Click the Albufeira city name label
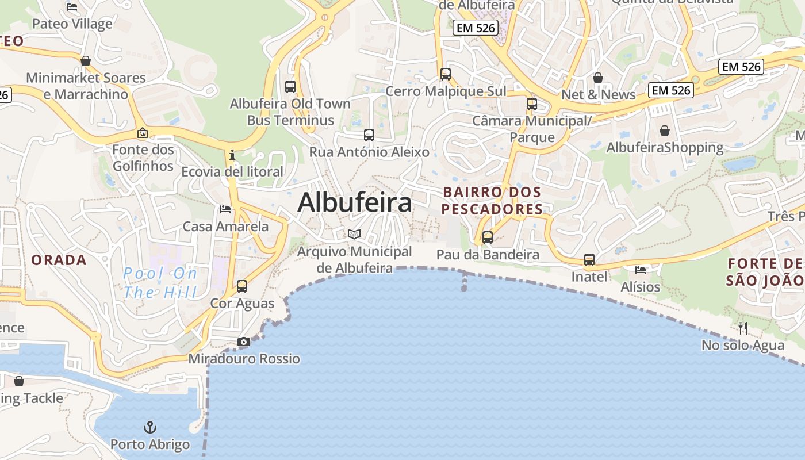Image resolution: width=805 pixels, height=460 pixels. click(355, 202)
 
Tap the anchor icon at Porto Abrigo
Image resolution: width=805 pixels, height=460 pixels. click(149, 427)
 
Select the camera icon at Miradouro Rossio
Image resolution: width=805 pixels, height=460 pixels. click(244, 342)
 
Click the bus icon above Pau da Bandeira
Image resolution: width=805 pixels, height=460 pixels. click(488, 237)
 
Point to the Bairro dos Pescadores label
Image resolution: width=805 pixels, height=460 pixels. click(492, 200)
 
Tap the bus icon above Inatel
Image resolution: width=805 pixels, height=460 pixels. click(589, 260)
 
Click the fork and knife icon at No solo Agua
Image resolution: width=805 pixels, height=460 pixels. click(743, 328)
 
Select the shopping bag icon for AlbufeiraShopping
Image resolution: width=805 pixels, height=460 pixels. click(665, 131)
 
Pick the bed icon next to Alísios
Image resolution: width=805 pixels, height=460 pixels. click(641, 270)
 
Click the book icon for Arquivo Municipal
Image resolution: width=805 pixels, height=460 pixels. click(355, 234)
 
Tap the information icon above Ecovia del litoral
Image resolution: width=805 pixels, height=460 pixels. click(232, 155)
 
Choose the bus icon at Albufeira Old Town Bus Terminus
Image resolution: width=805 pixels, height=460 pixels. click(290, 87)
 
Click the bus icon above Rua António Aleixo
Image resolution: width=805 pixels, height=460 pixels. click(369, 135)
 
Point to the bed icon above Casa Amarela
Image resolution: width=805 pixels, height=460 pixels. click(225, 209)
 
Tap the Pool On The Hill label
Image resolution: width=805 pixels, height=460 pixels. click(160, 282)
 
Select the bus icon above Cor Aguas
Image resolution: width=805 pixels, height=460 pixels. click(242, 286)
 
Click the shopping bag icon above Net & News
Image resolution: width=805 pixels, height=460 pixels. click(598, 78)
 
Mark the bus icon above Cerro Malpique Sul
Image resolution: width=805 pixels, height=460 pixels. click(446, 74)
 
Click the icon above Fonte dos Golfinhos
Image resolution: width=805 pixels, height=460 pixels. click(143, 133)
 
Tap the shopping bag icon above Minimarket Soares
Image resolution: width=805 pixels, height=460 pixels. click(86, 61)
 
